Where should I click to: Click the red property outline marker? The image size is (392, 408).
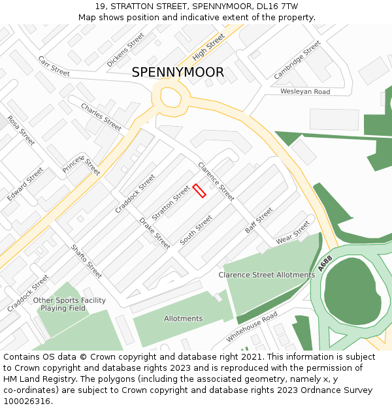pos(199,191)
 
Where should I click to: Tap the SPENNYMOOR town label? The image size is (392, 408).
pos(178,72)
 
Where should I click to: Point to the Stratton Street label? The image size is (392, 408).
pos(171,202)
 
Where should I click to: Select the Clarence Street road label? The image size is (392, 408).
pos(216,181)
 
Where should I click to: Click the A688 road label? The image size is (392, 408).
pos(326,264)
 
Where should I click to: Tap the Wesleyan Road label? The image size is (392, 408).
pos(305,92)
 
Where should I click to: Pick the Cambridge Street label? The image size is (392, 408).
pos(297,60)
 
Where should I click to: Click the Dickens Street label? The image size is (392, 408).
pos(125,50)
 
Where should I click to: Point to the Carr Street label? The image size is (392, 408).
pos(54,66)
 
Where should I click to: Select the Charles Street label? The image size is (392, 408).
pos(101,116)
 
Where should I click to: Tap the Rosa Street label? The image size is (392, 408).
pos(21,130)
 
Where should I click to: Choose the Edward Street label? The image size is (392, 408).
pos(25,184)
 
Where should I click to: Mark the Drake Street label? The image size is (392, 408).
pos(155,233)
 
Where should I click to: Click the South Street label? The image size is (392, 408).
pos(196,230)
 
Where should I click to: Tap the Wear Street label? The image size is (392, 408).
pos(293,232)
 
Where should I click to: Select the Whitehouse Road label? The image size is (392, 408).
pos(252,327)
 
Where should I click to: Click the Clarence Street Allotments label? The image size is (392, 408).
pos(267,275)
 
